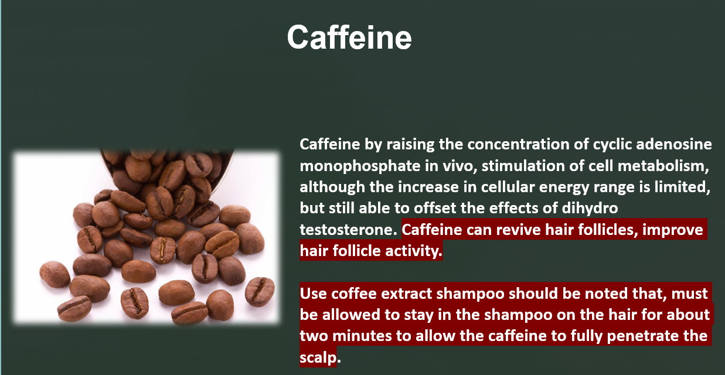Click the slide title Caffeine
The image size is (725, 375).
[349, 37]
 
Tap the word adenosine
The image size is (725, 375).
[674, 144]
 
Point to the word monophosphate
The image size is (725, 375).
[360, 166]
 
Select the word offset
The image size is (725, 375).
[435, 208]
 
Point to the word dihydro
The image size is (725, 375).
[590, 209]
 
